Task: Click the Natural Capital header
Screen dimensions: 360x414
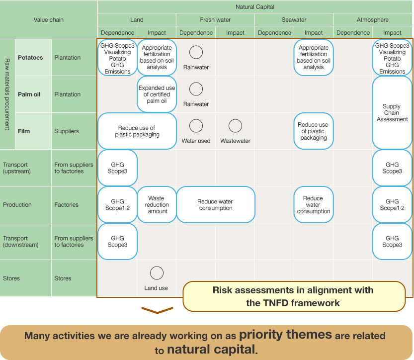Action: [255, 7]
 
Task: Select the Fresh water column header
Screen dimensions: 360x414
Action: [215, 20]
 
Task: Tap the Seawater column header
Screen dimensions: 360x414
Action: [294, 20]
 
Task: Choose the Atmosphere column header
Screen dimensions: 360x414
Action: [372, 20]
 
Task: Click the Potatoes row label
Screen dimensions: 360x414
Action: [30, 58]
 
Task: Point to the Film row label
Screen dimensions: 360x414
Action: [24, 131]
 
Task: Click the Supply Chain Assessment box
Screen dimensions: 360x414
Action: [392, 113]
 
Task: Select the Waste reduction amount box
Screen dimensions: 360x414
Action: [157, 204]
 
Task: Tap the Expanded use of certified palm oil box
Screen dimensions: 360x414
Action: [157, 94]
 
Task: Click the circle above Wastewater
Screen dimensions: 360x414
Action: [235, 126]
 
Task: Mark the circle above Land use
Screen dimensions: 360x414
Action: [157, 273]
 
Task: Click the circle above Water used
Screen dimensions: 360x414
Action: [196, 126]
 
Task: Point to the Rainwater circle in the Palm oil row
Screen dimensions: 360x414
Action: [196, 89]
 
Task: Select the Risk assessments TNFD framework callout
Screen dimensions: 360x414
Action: [293, 296]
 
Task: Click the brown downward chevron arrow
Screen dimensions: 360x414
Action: [157, 311]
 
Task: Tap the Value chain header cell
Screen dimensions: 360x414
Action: [49, 20]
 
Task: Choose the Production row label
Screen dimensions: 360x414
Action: [17, 205]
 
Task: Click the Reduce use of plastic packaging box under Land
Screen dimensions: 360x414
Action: [137, 131]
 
